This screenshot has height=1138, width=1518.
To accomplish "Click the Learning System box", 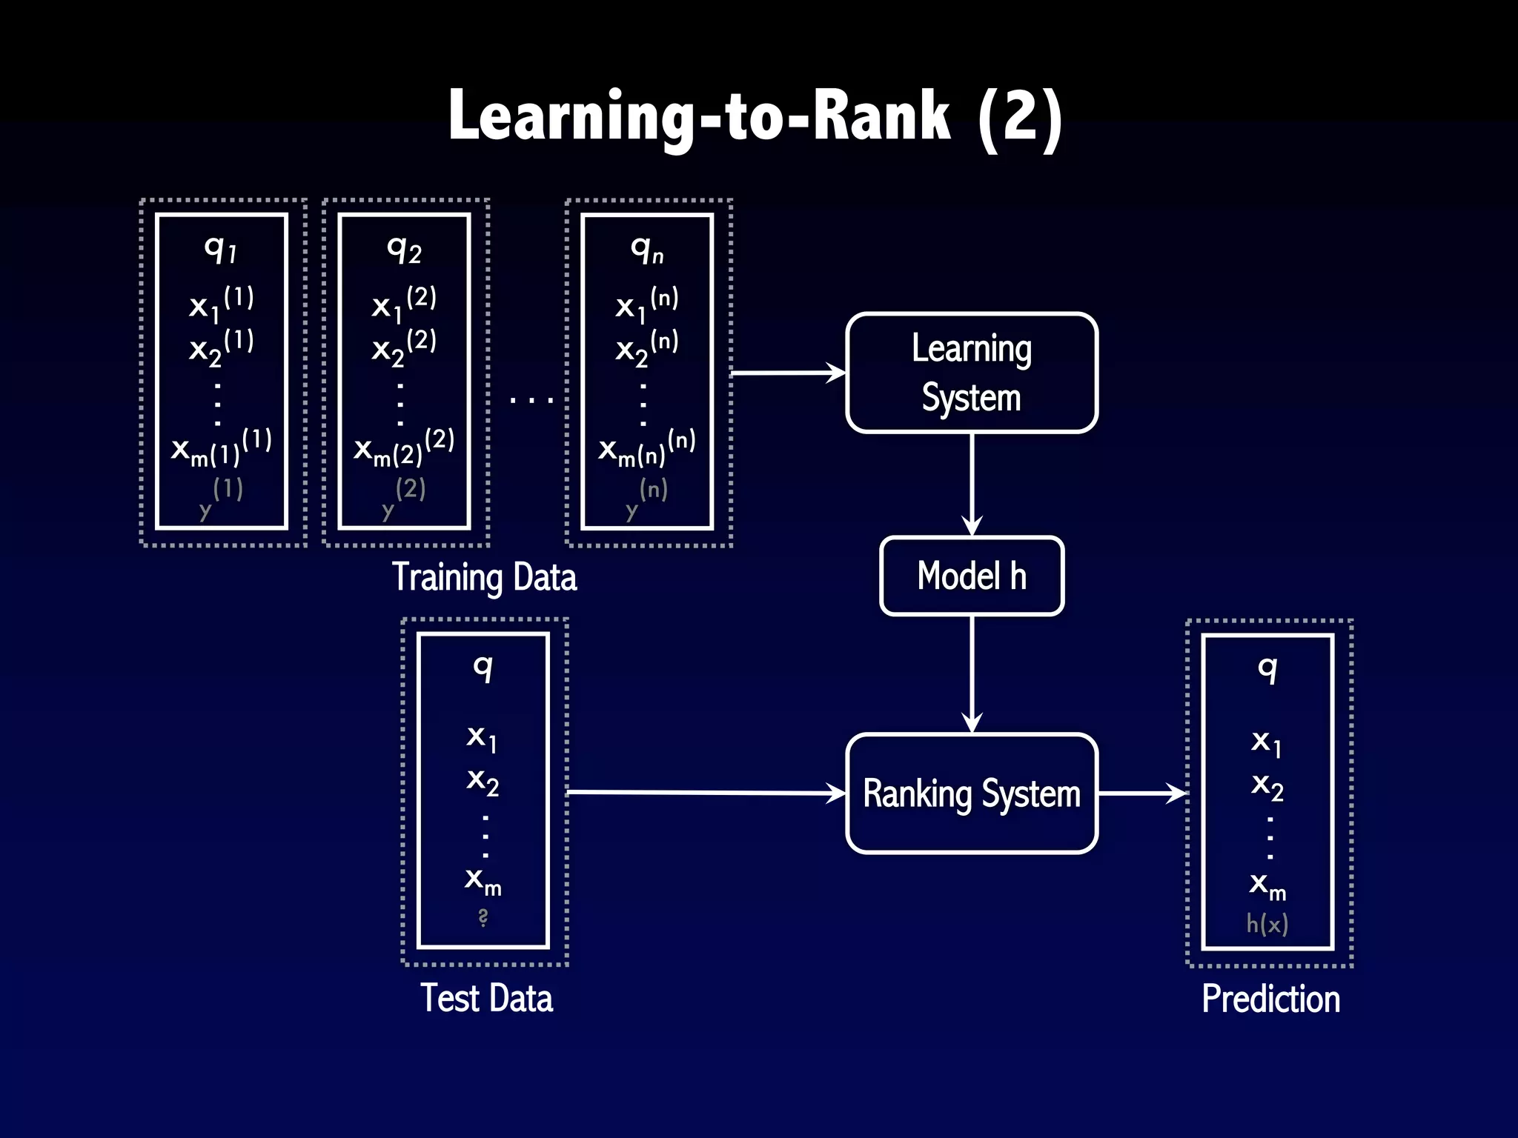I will (x=971, y=373).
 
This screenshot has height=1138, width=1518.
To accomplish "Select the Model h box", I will (x=971, y=576).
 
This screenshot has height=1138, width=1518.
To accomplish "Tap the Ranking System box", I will (x=971, y=793).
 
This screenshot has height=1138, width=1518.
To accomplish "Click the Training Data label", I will (x=484, y=577).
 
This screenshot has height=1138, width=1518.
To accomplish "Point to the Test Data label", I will (x=486, y=998).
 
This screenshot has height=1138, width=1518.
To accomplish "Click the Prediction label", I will (x=1270, y=999).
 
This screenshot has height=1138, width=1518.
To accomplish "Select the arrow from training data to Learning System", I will (x=787, y=373).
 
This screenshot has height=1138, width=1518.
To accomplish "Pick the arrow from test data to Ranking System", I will (x=704, y=793).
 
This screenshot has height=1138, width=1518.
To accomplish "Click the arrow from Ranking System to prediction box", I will (x=1141, y=793).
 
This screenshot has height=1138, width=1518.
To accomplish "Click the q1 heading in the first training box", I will (x=220, y=249).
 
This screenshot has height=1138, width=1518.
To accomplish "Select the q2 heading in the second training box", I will (x=404, y=249).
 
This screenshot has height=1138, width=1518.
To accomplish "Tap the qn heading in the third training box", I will (x=647, y=250).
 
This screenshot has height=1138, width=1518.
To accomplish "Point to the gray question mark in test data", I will (x=483, y=918).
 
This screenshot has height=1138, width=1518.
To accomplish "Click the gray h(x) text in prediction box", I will (x=1267, y=924).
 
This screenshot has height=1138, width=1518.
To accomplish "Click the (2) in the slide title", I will (x=1020, y=116).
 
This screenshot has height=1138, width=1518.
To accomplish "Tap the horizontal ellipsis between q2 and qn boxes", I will (x=531, y=400).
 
